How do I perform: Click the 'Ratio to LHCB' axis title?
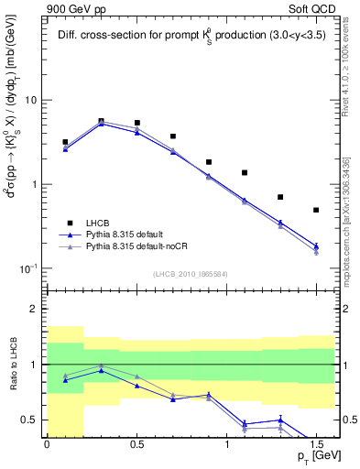[12, 365]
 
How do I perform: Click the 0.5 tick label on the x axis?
[136, 442]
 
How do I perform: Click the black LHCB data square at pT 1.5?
[316, 210]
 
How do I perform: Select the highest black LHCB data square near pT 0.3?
[101, 121]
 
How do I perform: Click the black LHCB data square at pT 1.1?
[245, 172]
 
